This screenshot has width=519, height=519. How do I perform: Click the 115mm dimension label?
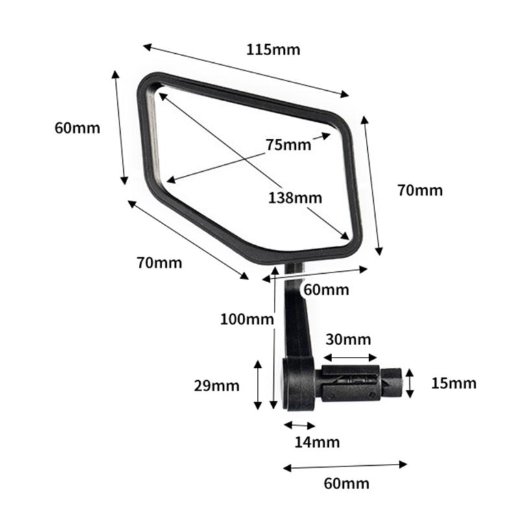273,49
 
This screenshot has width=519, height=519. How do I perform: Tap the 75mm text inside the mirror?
288,145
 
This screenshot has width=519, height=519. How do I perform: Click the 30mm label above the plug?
348,339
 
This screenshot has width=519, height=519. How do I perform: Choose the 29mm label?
217,386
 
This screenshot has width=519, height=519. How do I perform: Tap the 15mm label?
453,383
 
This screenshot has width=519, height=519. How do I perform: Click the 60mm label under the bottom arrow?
346,483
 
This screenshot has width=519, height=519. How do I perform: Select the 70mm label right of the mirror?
420,191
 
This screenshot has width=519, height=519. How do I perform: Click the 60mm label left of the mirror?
78,128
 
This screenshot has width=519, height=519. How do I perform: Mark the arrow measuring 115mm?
246,71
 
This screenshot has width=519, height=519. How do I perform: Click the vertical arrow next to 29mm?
258,384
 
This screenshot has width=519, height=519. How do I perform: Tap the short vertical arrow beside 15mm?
409,383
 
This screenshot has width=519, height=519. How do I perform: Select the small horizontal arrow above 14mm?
300,426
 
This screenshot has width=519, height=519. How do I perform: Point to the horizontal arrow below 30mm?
350,357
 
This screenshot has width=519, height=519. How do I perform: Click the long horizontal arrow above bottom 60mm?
345,465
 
